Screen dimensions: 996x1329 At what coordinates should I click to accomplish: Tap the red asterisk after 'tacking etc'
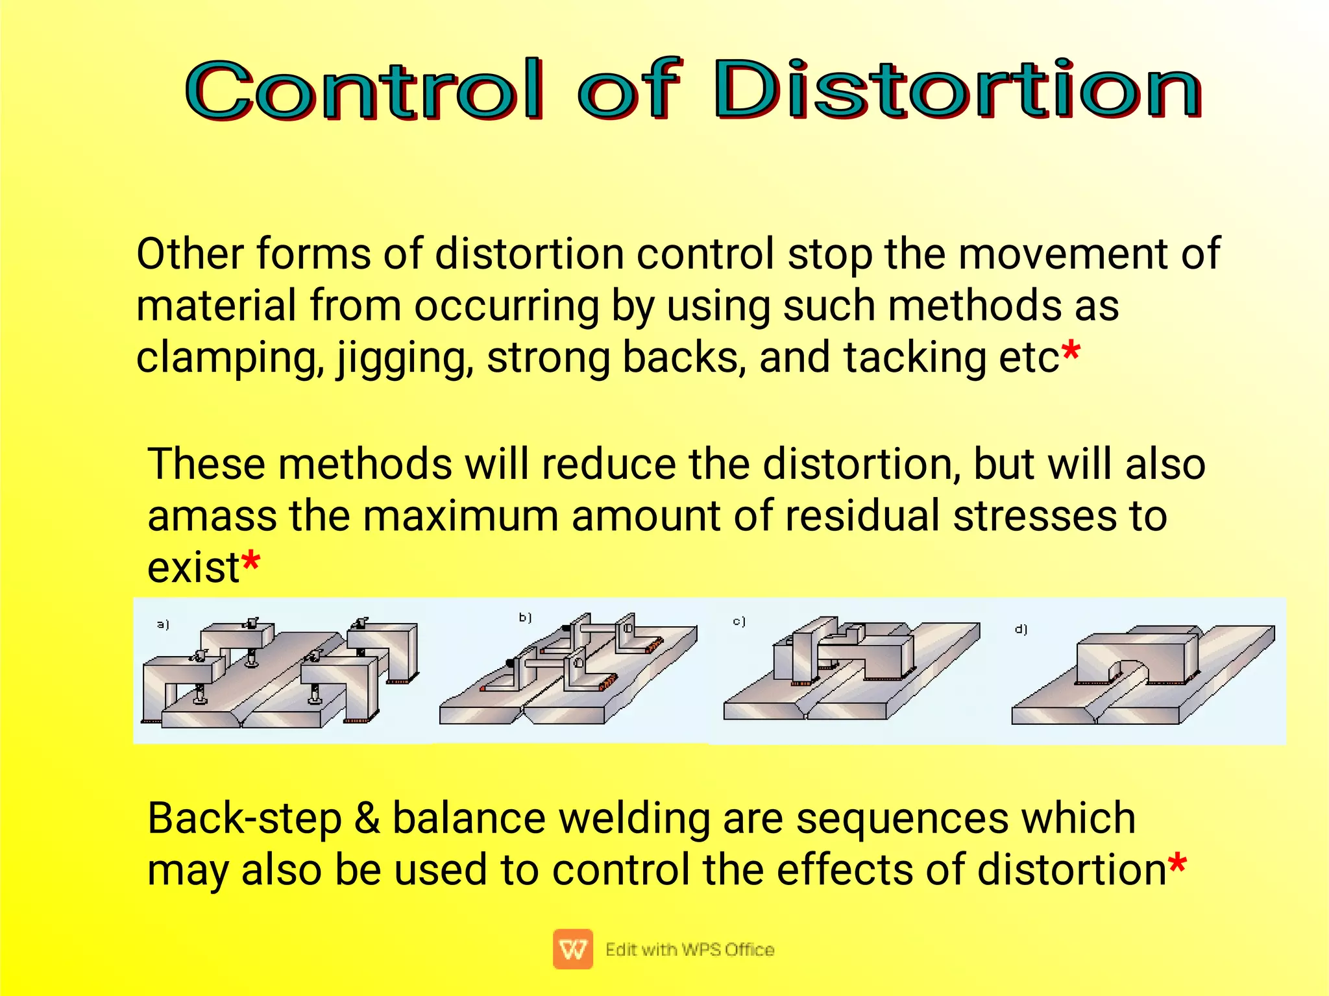1071,352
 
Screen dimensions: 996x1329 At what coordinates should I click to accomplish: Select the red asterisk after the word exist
250,562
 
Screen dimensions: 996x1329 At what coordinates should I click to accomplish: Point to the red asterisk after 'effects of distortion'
1177,864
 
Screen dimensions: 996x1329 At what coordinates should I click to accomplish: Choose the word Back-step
245,819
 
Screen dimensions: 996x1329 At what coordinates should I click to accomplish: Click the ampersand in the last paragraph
367,819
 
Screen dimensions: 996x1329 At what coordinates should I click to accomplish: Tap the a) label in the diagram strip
163,624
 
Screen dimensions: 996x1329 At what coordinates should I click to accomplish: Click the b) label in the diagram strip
525,617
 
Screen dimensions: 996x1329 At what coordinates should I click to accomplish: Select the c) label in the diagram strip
739,622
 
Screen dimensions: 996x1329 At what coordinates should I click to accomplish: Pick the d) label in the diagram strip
1021,629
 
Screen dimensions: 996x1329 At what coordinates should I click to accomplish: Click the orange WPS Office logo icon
572,949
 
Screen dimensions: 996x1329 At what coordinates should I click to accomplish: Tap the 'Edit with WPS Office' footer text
690,949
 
